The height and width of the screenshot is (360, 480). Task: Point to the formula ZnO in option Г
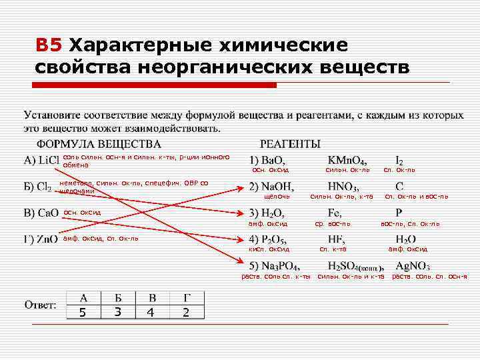tap(47, 239)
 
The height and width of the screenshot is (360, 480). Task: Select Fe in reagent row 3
tap(335, 213)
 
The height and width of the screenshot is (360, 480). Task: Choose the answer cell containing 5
tap(82, 311)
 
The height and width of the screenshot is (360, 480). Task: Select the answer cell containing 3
tap(117, 311)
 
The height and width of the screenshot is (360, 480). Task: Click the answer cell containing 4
tap(153, 311)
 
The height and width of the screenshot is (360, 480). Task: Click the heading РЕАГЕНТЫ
tap(289, 143)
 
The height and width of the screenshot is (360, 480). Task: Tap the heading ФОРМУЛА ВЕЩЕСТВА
tap(98, 143)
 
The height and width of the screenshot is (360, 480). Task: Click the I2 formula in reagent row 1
tap(399, 160)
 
